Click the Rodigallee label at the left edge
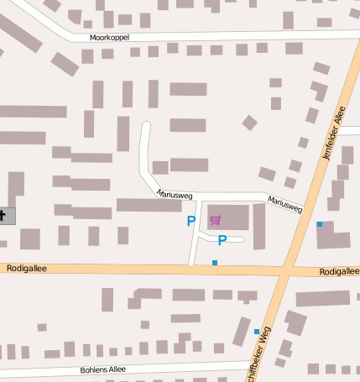pos(26,269)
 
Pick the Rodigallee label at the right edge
pos(339,272)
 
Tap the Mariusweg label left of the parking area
pos(175,194)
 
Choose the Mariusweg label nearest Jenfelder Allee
pos(284,203)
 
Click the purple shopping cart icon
pos(216,220)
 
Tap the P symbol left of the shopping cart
pos(190,222)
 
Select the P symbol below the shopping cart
pos(222,241)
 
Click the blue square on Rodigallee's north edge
pos(215,263)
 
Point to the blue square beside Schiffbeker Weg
pos(257,332)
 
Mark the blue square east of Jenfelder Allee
pos(319,224)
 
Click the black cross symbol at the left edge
pos(3,216)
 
